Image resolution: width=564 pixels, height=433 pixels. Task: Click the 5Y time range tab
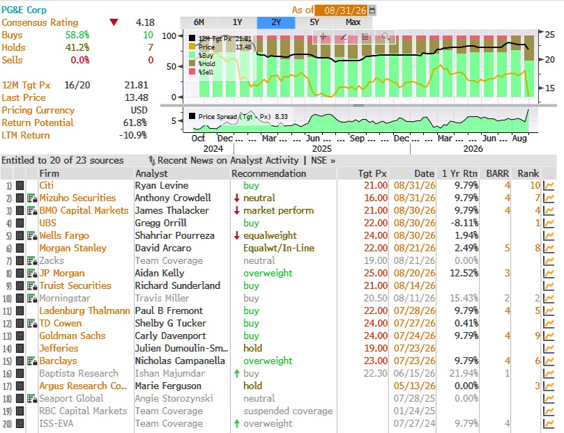pyautogui.click(x=314, y=22)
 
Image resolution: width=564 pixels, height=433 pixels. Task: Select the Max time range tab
pyautogui.click(x=353, y=22)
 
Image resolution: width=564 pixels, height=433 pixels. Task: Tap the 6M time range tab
pyautogui.click(x=199, y=22)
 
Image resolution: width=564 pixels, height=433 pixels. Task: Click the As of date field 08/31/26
pyautogui.click(x=345, y=10)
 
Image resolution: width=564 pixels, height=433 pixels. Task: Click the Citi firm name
pyautogui.click(x=47, y=185)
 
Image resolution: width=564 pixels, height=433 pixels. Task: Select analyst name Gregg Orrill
pyautogui.click(x=161, y=223)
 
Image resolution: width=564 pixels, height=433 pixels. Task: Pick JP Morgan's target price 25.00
pyautogui.click(x=376, y=273)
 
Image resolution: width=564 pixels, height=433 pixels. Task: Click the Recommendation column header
pyautogui.click(x=268, y=173)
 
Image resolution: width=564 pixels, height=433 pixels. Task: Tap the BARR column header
pyautogui.click(x=498, y=173)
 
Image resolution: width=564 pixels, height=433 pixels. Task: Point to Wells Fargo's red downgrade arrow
pyautogui.click(x=236, y=235)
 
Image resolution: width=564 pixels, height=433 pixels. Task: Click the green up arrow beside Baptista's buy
pyautogui.click(x=236, y=373)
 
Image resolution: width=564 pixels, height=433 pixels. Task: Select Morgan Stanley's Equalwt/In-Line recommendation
pyautogui.click(x=279, y=248)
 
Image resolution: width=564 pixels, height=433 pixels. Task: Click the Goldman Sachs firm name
pyautogui.click(x=73, y=336)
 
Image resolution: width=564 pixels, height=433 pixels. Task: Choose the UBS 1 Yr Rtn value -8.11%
pyautogui.click(x=464, y=223)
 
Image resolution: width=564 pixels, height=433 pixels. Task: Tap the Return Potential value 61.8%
pyautogui.click(x=135, y=123)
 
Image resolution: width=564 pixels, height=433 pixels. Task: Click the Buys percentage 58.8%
pyautogui.click(x=77, y=36)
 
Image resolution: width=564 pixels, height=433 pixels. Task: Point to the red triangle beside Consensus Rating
pyautogui.click(x=114, y=22)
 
